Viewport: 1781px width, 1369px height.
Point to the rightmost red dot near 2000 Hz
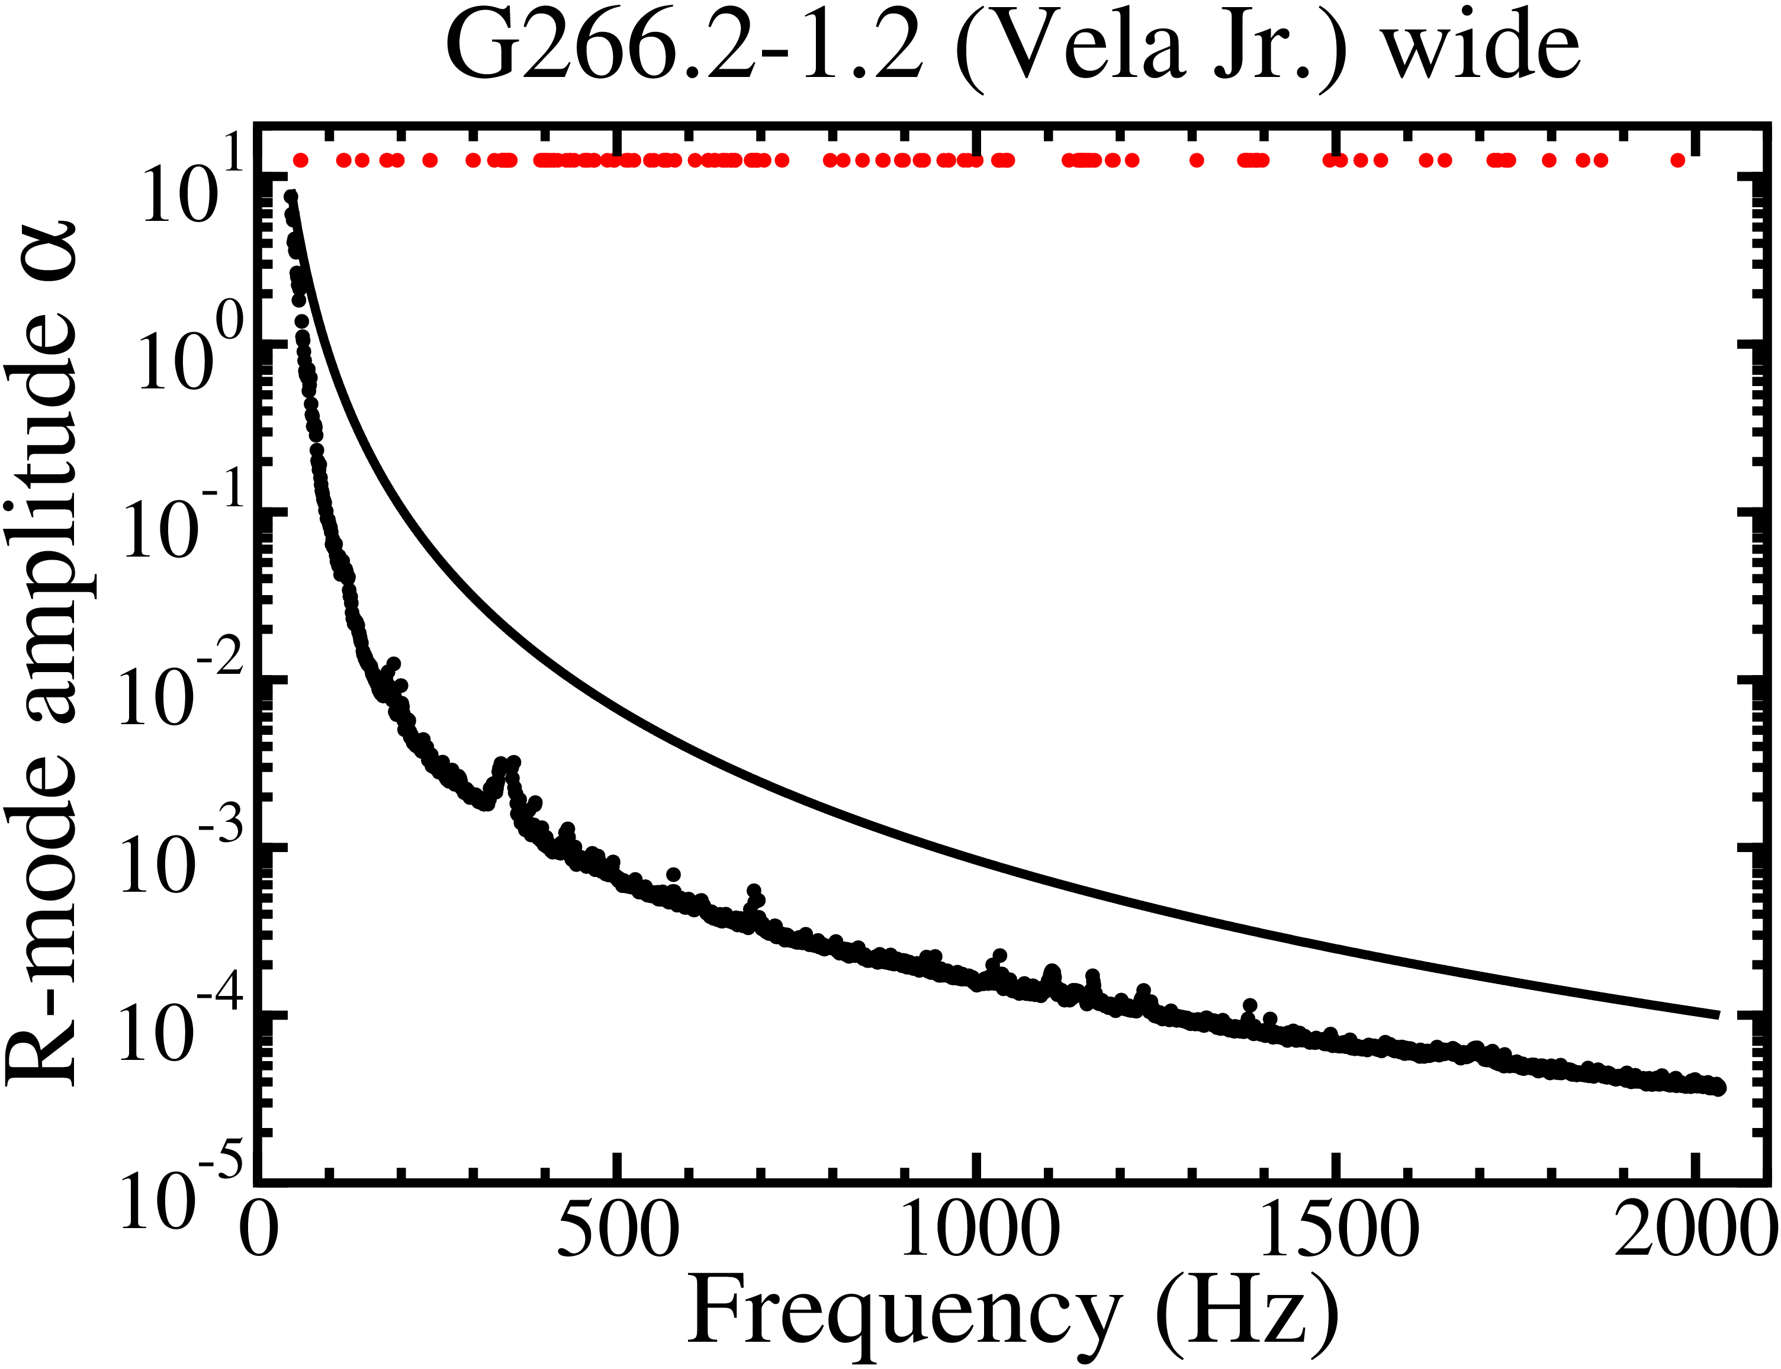click(1677, 160)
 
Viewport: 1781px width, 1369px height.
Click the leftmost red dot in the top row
click(301, 160)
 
